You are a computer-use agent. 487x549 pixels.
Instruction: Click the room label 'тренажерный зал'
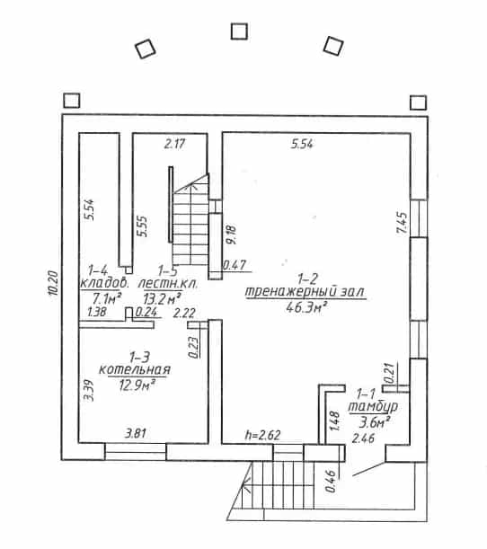(305, 292)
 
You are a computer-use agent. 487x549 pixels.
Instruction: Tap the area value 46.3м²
(306, 308)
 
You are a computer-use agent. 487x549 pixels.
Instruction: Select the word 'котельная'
(135, 369)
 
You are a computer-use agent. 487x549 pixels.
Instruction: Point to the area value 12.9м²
(137, 385)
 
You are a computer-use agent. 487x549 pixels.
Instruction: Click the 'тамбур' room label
(373, 407)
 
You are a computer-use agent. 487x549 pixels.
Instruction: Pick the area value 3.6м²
(375, 423)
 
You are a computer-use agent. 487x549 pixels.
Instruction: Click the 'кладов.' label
(105, 283)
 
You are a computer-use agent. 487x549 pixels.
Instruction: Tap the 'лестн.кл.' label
(168, 283)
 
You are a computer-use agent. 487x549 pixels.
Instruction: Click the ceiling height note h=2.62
(263, 435)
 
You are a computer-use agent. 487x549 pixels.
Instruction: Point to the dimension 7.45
(402, 223)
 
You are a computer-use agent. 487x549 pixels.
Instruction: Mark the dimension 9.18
(231, 235)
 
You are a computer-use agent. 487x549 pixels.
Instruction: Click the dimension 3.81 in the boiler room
(136, 434)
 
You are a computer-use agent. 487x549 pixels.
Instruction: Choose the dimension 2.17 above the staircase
(174, 144)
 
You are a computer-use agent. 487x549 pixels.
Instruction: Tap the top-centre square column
(240, 31)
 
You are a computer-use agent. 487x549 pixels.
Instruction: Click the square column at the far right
(418, 103)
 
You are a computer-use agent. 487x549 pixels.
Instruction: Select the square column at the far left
(72, 101)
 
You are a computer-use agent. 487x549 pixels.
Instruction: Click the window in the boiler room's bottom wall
(136, 452)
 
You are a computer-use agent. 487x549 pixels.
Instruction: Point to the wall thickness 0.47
(235, 265)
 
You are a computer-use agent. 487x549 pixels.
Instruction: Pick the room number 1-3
(139, 358)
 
